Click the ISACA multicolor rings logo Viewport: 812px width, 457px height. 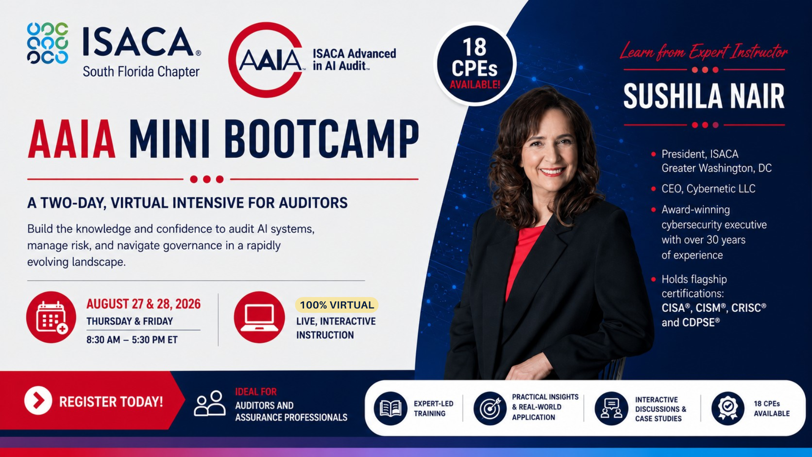click(x=47, y=43)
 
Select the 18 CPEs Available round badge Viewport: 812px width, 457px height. click(x=475, y=64)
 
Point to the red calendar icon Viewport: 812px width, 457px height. click(x=51, y=317)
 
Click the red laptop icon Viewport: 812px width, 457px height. click(x=259, y=317)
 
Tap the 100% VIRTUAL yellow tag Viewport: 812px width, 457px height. click(x=337, y=305)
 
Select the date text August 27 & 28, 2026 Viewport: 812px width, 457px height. click(x=143, y=304)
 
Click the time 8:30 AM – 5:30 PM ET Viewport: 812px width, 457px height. click(x=132, y=340)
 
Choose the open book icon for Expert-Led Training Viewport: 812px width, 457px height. click(x=390, y=408)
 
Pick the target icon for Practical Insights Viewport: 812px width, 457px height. click(x=490, y=408)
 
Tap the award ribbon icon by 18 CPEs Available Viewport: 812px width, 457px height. click(x=728, y=408)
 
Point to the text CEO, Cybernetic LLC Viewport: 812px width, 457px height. click(x=708, y=189)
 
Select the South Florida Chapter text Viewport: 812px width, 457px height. click(x=141, y=72)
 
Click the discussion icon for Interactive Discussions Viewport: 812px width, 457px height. click(x=611, y=408)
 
